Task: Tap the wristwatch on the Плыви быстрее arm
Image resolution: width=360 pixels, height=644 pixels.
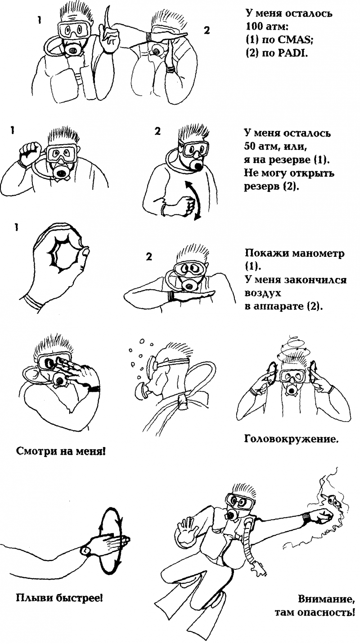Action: coord(84,550)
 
